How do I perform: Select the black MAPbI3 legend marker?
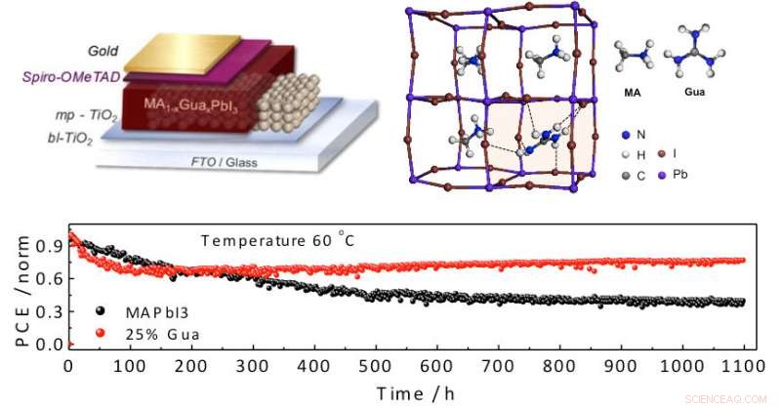(x=101, y=311)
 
